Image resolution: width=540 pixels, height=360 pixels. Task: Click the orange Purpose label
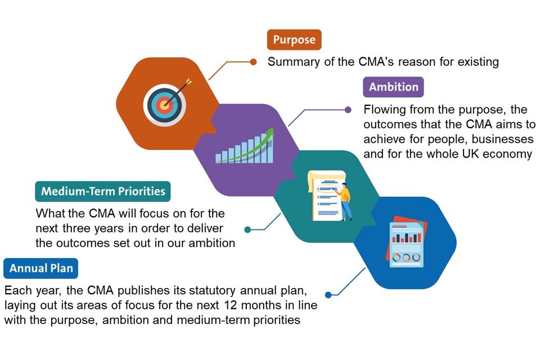pos(294,40)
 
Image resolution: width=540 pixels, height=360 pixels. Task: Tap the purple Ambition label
pos(393,87)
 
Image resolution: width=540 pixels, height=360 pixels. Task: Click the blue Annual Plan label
pos(41,268)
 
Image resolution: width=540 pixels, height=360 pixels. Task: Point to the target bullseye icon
pos(163,103)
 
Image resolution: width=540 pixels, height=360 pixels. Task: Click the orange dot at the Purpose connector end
pos(253,62)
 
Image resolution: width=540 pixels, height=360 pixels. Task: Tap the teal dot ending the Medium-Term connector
pos(247,229)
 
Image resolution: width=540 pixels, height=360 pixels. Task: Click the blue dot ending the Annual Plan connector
pos(328,294)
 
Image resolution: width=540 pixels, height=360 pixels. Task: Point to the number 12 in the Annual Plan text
pos(232,306)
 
